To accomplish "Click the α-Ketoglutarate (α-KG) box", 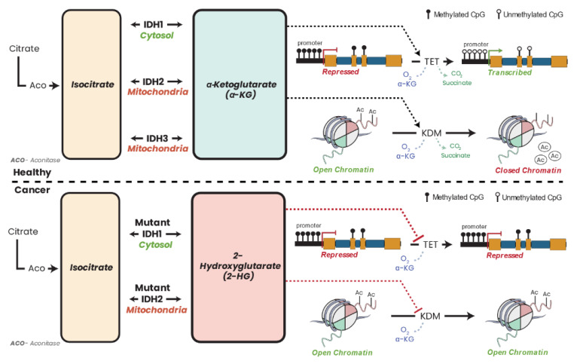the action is pyautogui.click(x=240, y=84).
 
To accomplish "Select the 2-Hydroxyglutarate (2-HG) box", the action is pyautogui.click(x=239, y=268).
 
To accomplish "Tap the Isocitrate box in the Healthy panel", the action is pyautogui.click(x=92, y=84).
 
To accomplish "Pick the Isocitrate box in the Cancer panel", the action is pyautogui.click(x=90, y=268).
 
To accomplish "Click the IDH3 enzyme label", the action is pyautogui.click(x=157, y=139).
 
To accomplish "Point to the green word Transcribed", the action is pyautogui.click(x=510, y=72).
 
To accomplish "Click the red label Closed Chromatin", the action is pyautogui.click(x=528, y=170).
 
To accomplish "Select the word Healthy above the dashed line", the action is pyautogui.click(x=32, y=173).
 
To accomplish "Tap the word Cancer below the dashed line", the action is pyautogui.click(x=32, y=190).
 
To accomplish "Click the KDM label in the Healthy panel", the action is pyautogui.click(x=432, y=133).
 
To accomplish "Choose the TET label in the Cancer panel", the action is pyautogui.click(x=430, y=244).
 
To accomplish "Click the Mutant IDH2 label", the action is pyautogui.click(x=152, y=293).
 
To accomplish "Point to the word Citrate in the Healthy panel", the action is pyautogui.click(x=24, y=48).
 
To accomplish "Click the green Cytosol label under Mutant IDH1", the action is pyautogui.click(x=155, y=245).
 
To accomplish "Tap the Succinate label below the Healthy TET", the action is pyautogui.click(x=456, y=83).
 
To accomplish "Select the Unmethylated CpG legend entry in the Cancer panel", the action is pyautogui.click(x=529, y=197).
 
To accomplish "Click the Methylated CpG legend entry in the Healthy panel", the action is pyautogui.click(x=456, y=15).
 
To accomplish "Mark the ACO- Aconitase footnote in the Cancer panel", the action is pyautogui.click(x=35, y=343).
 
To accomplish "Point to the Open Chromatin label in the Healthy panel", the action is pyautogui.click(x=343, y=170).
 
